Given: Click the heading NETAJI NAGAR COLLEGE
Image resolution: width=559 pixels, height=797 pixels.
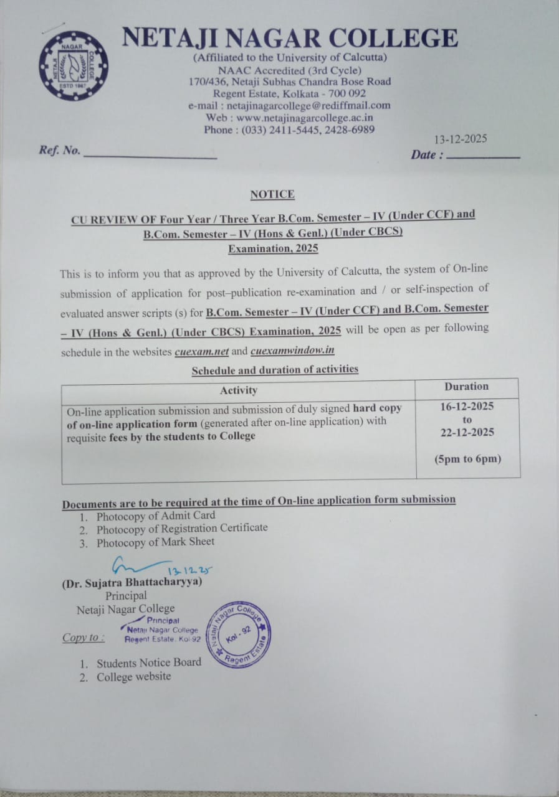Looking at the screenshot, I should click(x=290, y=38).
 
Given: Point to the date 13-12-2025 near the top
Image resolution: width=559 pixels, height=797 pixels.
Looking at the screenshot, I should click(x=461, y=139).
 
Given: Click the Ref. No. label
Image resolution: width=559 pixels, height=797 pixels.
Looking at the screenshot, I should click(x=60, y=150).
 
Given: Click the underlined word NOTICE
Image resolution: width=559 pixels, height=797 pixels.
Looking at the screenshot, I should click(x=272, y=194).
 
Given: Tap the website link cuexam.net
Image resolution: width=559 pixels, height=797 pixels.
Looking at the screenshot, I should click(x=202, y=351).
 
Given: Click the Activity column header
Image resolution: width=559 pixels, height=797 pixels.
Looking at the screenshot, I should click(x=238, y=390).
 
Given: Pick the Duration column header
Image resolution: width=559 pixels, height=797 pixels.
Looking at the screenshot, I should click(x=467, y=387).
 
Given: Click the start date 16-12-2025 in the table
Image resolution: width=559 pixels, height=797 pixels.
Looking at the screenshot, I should click(x=467, y=407).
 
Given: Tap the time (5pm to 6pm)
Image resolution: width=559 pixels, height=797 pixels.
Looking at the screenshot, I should click(x=467, y=460).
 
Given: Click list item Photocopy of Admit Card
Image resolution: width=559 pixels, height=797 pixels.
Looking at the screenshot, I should click(x=155, y=516).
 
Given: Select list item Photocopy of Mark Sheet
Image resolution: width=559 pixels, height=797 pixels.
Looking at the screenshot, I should click(x=155, y=542).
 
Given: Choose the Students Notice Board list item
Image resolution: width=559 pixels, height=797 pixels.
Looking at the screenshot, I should click(x=149, y=663).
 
